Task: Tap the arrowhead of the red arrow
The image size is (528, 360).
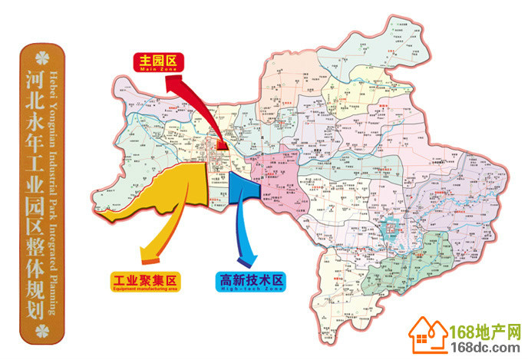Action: click(x=220, y=144)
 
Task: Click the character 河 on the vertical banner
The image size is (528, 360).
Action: click(x=35, y=79)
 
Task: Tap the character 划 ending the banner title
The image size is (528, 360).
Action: click(x=35, y=302)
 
